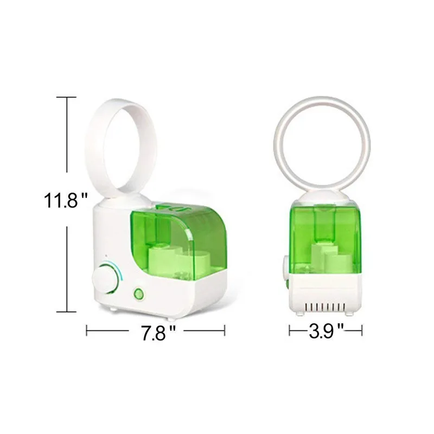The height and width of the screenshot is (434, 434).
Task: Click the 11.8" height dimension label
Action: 65,200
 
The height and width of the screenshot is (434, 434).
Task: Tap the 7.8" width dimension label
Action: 158,333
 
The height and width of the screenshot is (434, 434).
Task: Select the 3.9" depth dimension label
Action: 326,330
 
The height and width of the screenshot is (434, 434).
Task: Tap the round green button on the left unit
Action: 138,293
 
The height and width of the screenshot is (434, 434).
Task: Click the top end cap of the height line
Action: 66,97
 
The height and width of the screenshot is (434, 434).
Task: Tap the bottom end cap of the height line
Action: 66,312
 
